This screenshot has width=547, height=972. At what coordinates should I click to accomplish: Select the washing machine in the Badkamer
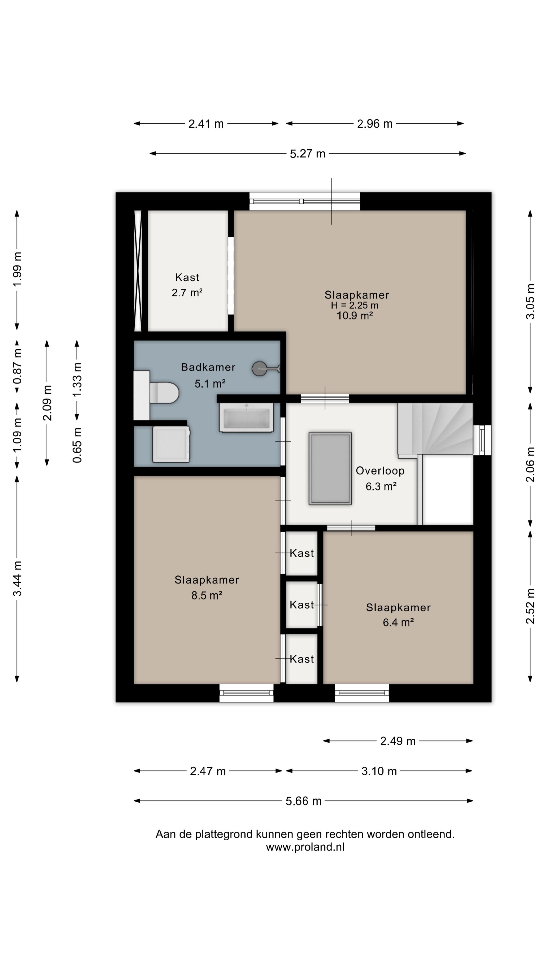[x=171, y=444]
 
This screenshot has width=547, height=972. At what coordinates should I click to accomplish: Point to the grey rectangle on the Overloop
[x=330, y=469]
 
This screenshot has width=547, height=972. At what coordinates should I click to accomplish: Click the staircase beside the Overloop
[x=435, y=429]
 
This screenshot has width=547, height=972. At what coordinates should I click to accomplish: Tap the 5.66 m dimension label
[x=304, y=801]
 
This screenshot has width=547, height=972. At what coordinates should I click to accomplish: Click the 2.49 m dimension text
[x=398, y=741]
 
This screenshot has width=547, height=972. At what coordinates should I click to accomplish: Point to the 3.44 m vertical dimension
[x=17, y=578]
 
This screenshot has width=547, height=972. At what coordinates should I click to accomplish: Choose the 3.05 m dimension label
[x=530, y=301]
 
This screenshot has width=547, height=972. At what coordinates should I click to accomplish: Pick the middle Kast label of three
[x=302, y=605]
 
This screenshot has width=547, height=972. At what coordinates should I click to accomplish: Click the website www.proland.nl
[x=305, y=847]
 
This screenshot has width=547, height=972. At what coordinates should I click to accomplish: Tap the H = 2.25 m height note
[x=355, y=305]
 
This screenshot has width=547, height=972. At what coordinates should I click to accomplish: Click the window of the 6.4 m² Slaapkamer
[x=362, y=693]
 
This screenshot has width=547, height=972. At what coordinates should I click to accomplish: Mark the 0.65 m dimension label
[x=77, y=445]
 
